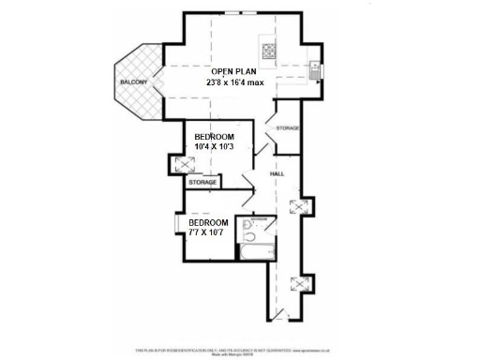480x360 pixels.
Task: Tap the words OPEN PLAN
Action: (234, 71)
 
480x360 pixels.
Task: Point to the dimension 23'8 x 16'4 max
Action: (235, 83)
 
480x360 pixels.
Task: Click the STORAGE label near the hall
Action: (288, 127)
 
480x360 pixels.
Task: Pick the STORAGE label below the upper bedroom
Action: (203, 183)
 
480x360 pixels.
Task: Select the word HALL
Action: (277, 175)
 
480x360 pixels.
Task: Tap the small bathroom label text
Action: (258, 217)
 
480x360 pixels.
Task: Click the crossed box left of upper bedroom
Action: (178, 165)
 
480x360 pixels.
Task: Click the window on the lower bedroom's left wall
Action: (176, 230)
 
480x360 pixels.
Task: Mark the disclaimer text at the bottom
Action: (240, 349)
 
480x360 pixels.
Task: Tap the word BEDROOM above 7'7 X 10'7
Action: (209, 222)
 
